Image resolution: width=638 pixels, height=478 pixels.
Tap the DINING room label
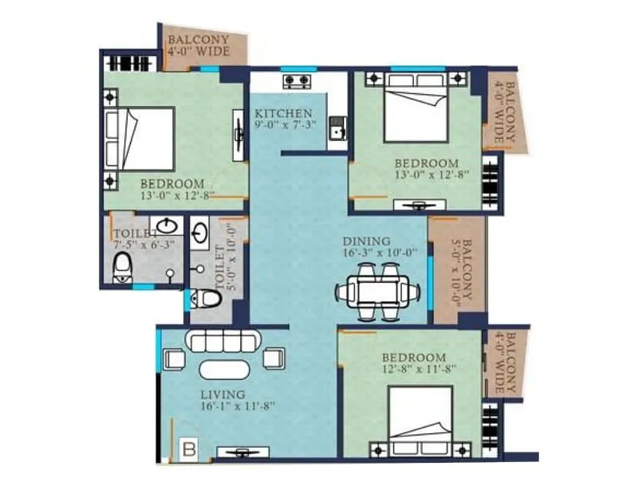366,241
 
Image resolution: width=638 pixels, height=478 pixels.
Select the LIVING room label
223,394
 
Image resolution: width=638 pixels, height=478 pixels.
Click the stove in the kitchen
297,80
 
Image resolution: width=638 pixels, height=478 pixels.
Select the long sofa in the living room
223,341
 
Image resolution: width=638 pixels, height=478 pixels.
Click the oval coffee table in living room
223,370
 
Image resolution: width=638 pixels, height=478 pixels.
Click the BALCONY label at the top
198,40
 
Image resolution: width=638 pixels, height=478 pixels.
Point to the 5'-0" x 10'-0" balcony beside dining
456,271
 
